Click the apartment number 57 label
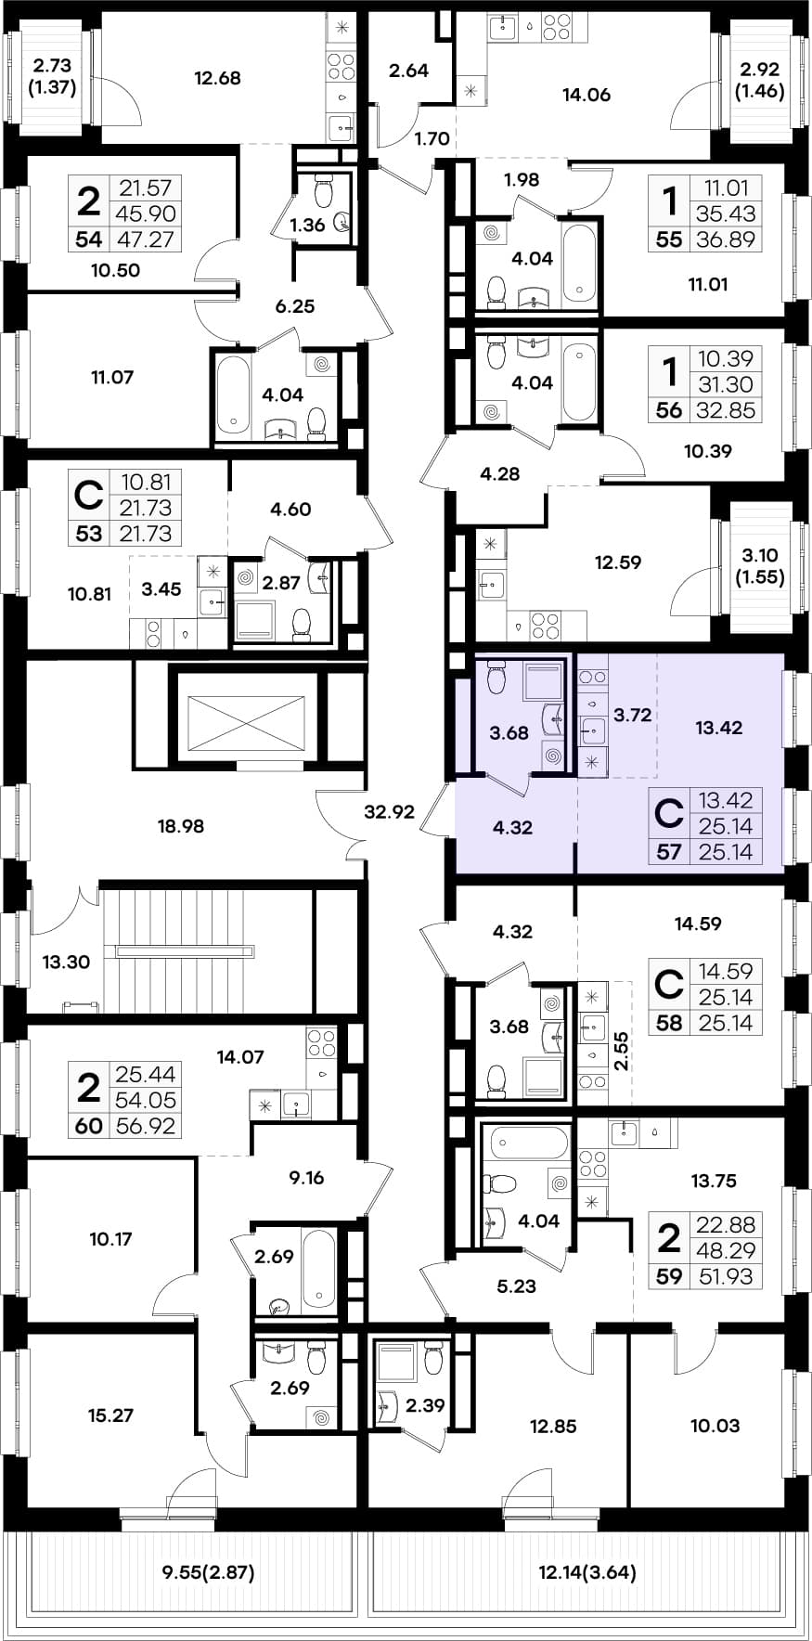point(668,852)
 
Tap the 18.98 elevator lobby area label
point(180,826)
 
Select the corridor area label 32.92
point(389,812)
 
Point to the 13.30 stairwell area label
point(66,962)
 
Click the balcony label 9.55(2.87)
point(208,1571)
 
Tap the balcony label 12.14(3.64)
point(587,1571)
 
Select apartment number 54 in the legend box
point(89,239)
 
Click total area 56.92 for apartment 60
point(146,1127)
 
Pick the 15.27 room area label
point(110,1415)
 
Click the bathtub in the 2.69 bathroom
point(318,1269)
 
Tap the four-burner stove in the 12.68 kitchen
point(342,66)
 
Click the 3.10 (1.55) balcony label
point(760,565)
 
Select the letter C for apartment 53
point(88,495)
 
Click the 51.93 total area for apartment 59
point(726,1276)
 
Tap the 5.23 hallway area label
point(517,1286)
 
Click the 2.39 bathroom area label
point(425,1405)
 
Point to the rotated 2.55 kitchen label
point(621,1052)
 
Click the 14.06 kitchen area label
point(586,94)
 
